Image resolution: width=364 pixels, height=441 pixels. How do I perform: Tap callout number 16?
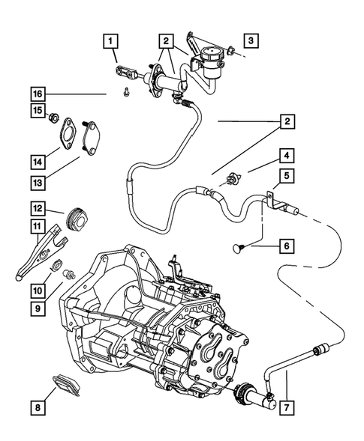point(37,94)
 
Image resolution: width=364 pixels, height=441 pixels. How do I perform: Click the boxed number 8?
point(37,408)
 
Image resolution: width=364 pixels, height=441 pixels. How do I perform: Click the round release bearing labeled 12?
point(76,218)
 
